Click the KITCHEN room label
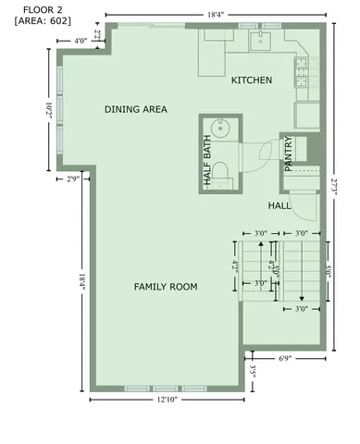[252, 81]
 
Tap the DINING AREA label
[135, 109]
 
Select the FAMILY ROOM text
[166, 288]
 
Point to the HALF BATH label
[207, 163]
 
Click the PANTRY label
[289, 154]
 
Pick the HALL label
[280, 205]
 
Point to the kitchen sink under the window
[262, 41]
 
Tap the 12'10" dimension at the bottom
[167, 400]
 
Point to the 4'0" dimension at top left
[81, 42]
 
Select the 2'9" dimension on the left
[72, 178]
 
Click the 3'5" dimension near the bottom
[254, 373]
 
